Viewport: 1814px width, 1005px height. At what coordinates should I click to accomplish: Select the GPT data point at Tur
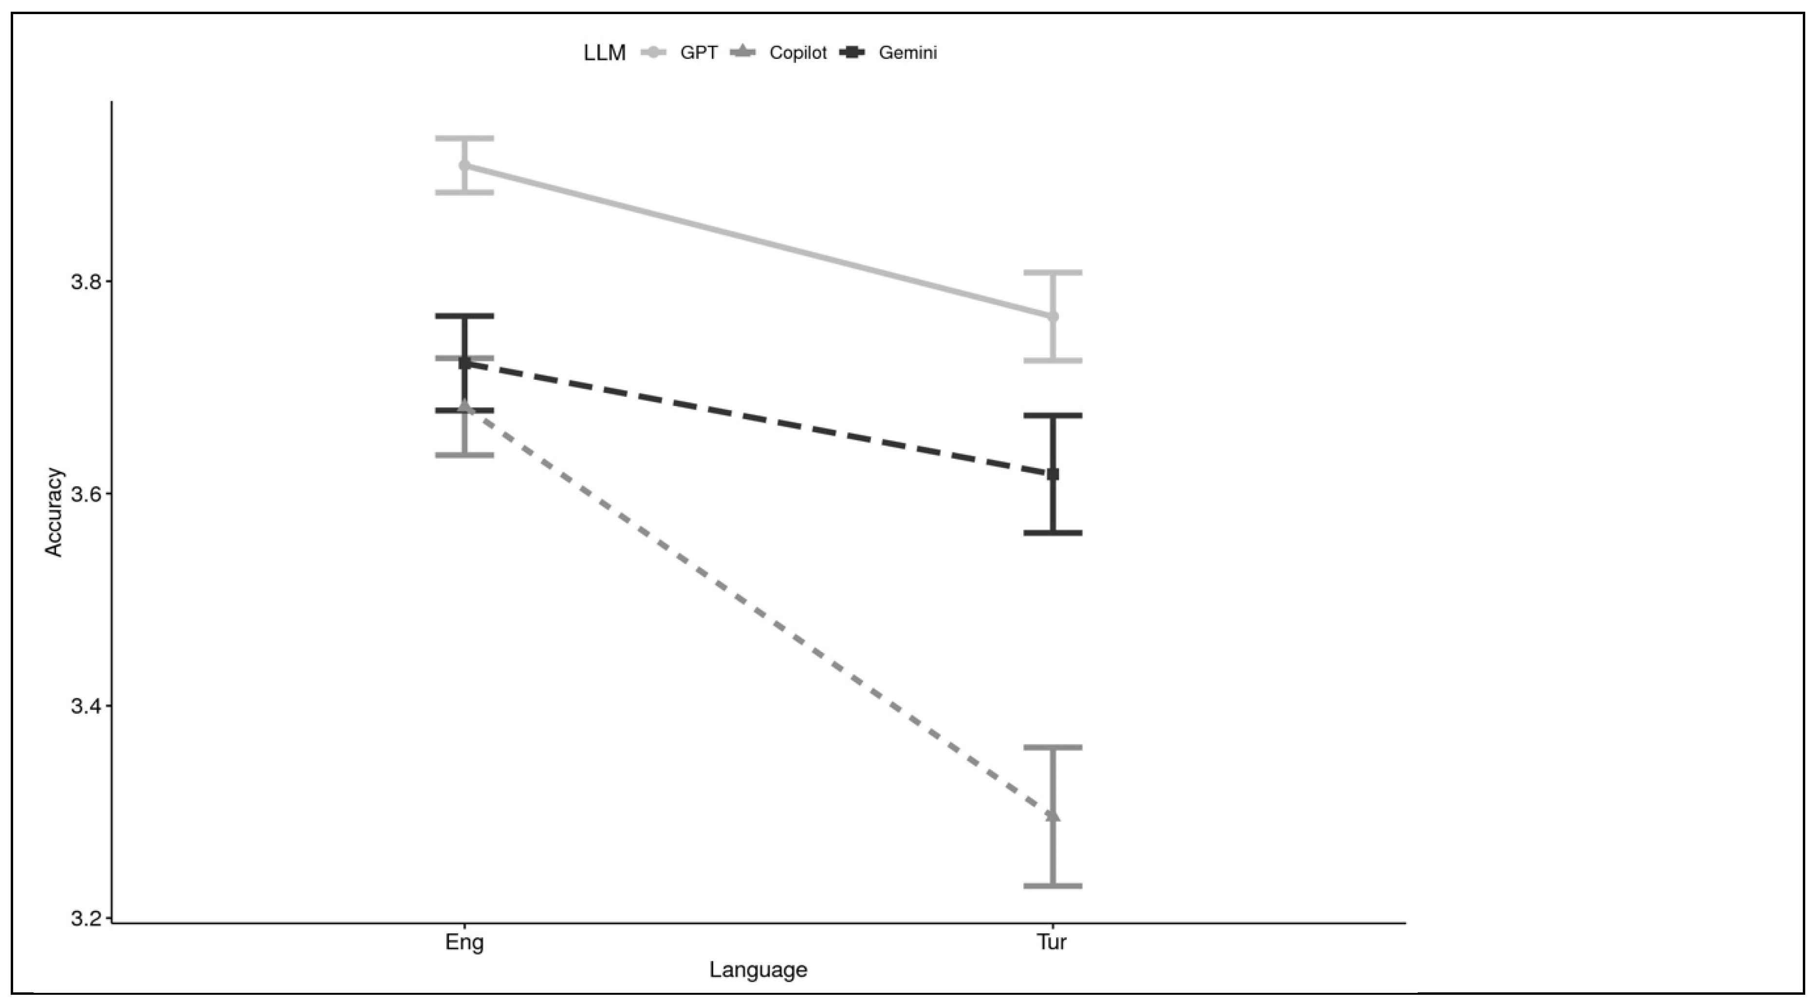tap(1053, 316)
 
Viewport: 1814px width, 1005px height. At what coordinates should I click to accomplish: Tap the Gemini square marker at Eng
tap(464, 363)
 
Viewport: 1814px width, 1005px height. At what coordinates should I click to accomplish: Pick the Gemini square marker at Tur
tap(1053, 474)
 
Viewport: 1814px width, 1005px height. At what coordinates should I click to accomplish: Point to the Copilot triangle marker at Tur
tap(1053, 815)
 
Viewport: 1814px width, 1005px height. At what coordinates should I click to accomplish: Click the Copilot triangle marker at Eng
tap(464, 407)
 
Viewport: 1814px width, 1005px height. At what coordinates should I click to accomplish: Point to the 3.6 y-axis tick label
tap(86, 494)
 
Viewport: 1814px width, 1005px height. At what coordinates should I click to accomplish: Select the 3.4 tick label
tap(86, 707)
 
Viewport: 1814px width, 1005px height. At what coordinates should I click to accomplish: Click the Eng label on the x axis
tap(464, 942)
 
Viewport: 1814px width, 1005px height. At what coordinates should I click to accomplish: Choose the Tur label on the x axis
tap(1052, 942)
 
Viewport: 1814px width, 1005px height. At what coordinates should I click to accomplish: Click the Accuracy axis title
tap(54, 512)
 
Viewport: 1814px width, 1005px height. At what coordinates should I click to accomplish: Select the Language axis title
tap(758, 970)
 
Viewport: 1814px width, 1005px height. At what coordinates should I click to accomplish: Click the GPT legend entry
tap(698, 53)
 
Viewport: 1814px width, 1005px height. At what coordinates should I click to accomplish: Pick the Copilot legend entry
tap(797, 53)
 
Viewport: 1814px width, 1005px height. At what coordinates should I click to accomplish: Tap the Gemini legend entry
tap(907, 53)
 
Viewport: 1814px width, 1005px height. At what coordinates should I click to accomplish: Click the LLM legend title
tap(604, 53)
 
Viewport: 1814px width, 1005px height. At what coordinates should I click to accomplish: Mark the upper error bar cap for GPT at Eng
tap(464, 138)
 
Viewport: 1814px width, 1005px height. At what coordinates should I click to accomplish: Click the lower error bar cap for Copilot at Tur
tap(1053, 885)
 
